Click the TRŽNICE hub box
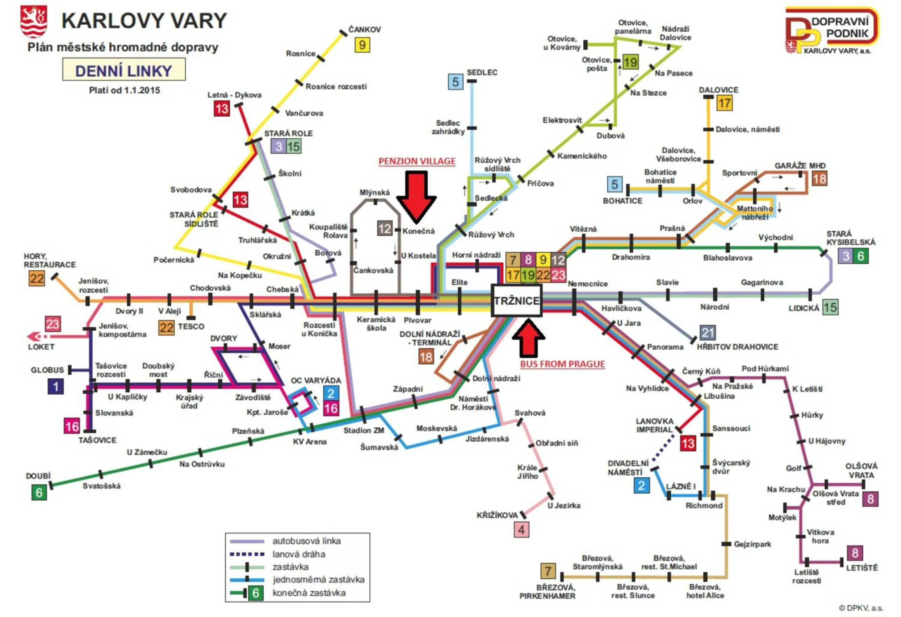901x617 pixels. point(516,300)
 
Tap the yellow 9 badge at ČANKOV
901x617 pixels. point(362,45)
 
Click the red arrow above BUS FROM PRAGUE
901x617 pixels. point(528,338)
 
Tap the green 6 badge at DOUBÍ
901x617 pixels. point(39,493)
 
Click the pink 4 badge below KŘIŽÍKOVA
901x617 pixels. point(521,530)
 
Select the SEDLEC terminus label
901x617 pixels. point(482,72)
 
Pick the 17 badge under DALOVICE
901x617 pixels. point(724,103)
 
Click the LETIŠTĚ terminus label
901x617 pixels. point(861,568)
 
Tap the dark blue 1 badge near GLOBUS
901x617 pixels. point(56,386)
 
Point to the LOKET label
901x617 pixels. point(41,346)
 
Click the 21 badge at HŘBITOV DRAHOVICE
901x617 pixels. point(708,333)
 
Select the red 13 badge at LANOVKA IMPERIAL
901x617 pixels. point(688,443)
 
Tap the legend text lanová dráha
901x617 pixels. point(298,554)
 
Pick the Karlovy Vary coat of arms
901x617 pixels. point(34,21)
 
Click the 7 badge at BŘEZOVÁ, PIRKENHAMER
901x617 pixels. point(548,571)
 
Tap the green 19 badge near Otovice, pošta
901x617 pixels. point(630,62)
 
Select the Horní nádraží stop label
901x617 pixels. point(476,255)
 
